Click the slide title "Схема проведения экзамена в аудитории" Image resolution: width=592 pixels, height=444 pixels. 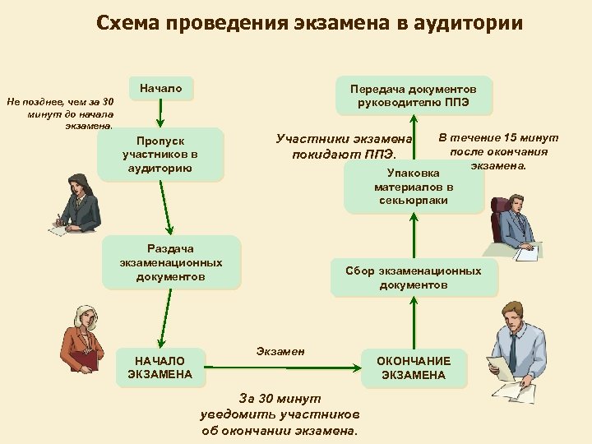coord(308,22)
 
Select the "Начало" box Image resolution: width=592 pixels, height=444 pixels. coord(160,88)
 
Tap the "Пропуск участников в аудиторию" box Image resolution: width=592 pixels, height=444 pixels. coord(160,154)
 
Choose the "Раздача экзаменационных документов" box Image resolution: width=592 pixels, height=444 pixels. coord(171,262)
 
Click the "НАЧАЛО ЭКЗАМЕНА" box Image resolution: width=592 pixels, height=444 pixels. coord(160,368)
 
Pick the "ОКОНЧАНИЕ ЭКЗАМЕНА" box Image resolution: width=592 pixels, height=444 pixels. coord(414,368)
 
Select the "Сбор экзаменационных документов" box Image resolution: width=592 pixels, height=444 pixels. coord(414,277)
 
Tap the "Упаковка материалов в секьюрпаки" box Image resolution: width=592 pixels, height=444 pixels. coord(414,187)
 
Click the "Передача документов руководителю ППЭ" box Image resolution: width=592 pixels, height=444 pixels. coord(414,95)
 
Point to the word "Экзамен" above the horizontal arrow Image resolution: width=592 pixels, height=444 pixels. coord(280,351)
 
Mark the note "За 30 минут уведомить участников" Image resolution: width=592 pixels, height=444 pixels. coord(280,414)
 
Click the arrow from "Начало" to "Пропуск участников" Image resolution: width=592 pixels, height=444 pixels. coord(161,113)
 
